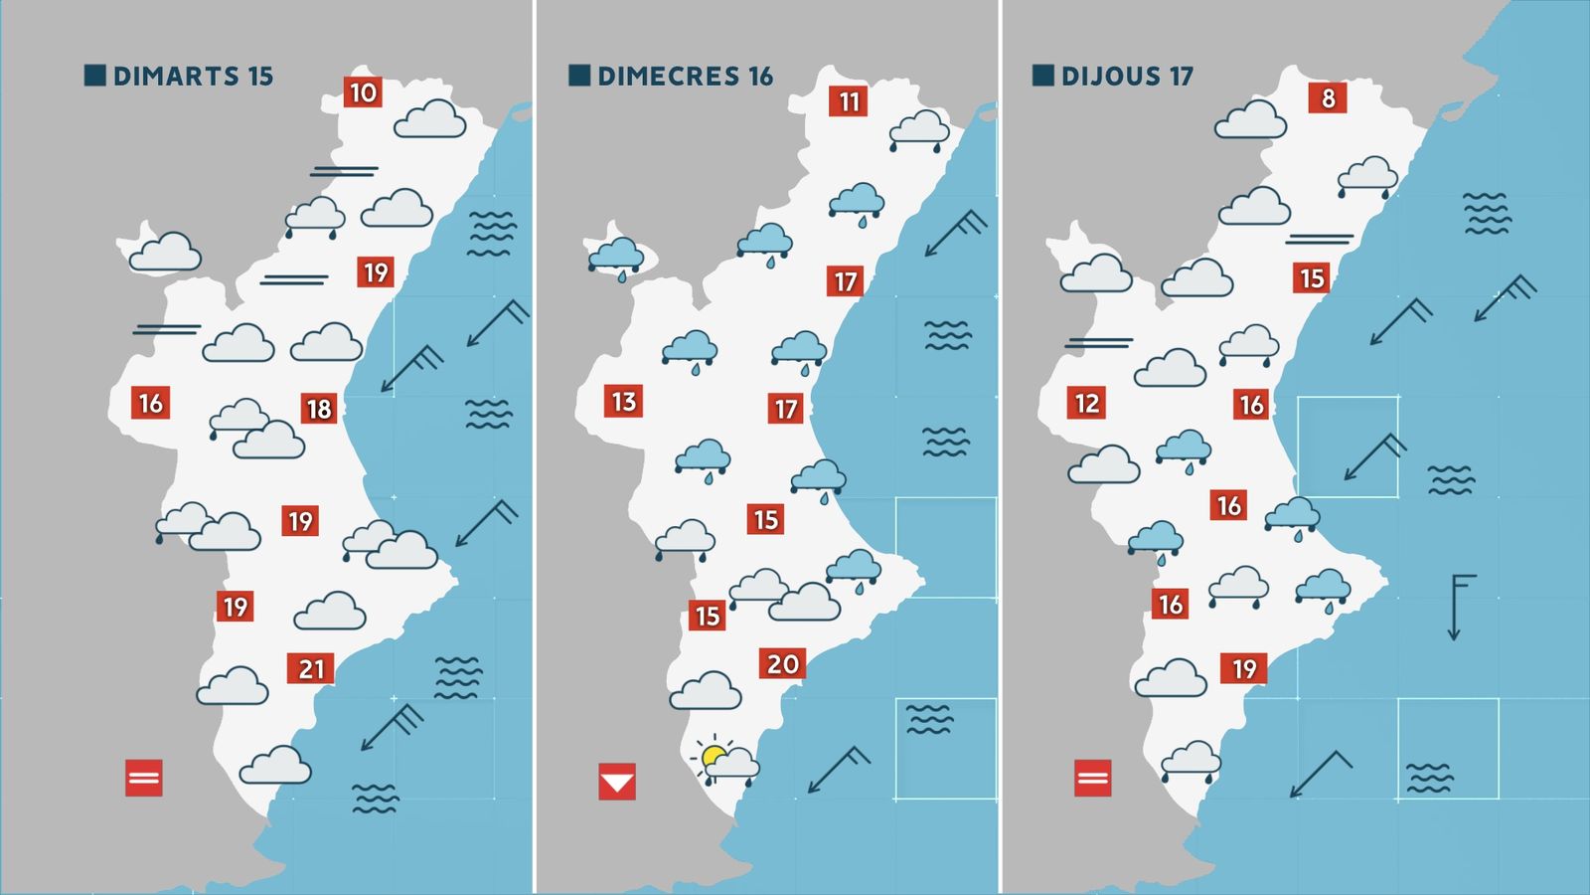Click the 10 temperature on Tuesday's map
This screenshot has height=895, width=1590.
pyautogui.click(x=363, y=92)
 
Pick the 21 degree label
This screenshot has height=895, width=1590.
pyautogui.click(x=311, y=668)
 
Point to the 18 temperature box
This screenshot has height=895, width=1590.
pyautogui.click(x=319, y=409)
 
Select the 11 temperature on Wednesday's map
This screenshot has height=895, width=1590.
pyautogui.click(x=849, y=101)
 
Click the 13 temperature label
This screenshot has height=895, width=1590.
pyautogui.click(x=623, y=402)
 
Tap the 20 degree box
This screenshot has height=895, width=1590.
pyautogui.click(x=782, y=663)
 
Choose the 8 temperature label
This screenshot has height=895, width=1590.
pyautogui.click(x=1328, y=98)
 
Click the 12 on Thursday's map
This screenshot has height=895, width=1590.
pyautogui.click(x=1087, y=403)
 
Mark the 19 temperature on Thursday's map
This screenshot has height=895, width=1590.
pyautogui.click(x=1244, y=668)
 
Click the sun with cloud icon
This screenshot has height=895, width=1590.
pyautogui.click(x=724, y=762)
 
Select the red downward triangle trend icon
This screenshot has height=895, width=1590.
pyautogui.click(x=617, y=782)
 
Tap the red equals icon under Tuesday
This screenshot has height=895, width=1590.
pyautogui.click(x=144, y=778)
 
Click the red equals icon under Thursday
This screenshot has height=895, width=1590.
pyautogui.click(x=1092, y=778)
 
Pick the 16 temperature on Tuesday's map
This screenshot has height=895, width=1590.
pyautogui.click(x=150, y=403)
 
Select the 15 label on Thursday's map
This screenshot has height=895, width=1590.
pyautogui.click(x=1312, y=278)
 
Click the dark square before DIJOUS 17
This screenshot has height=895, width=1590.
pyautogui.click(x=1042, y=76)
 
